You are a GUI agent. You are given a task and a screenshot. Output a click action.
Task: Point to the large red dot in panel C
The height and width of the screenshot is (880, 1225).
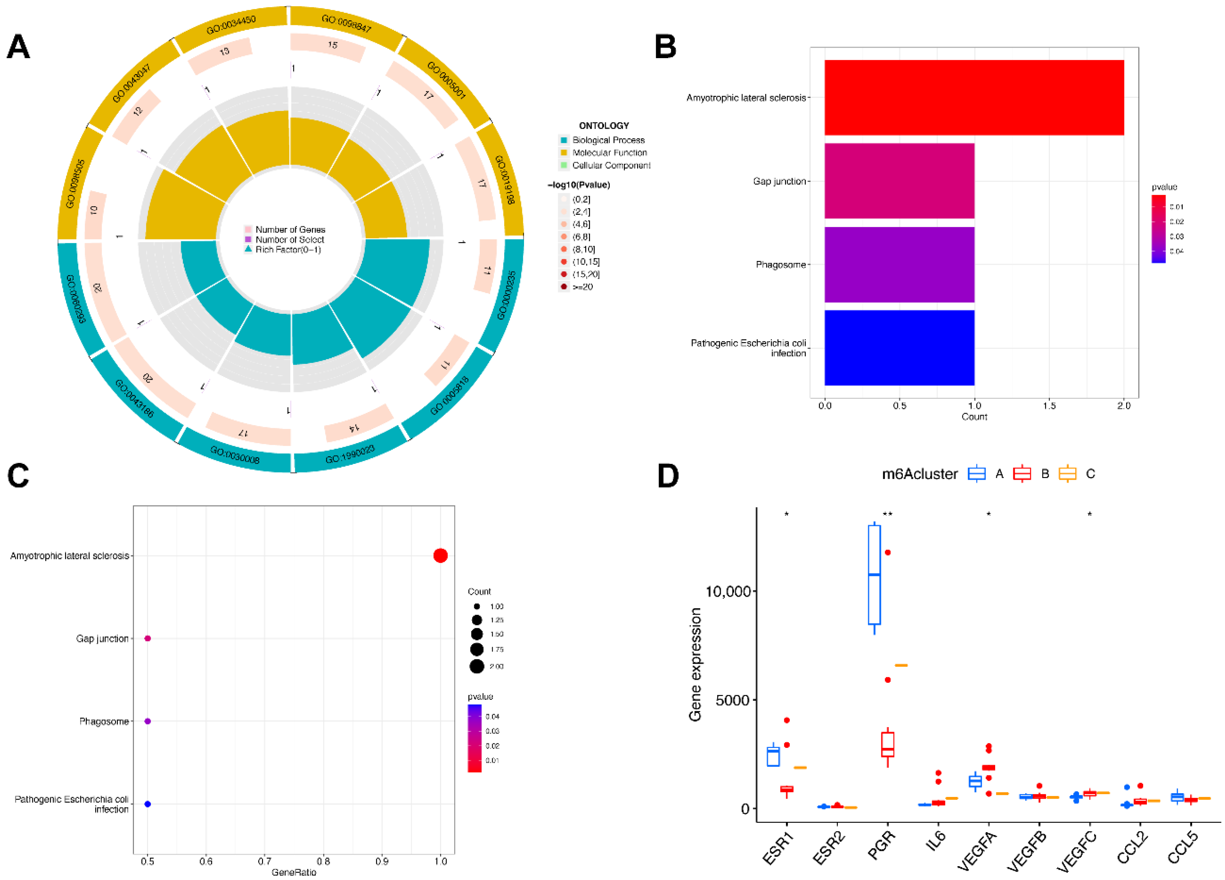click(440, 555)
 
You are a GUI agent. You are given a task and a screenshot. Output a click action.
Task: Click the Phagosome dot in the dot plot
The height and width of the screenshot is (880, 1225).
click(148, 721)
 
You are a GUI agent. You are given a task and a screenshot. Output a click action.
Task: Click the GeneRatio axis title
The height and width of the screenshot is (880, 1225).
click(294, 872)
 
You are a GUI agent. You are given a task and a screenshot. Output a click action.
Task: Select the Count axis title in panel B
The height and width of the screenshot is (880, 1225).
click(974, 417)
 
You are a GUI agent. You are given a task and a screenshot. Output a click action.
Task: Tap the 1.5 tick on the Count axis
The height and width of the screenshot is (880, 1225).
click(1049, 406)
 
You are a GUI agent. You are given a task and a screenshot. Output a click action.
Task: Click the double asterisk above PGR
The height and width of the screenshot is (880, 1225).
click(887, 514)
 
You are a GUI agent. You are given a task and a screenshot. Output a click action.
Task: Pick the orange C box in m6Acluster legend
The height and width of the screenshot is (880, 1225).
click(1067, 474)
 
